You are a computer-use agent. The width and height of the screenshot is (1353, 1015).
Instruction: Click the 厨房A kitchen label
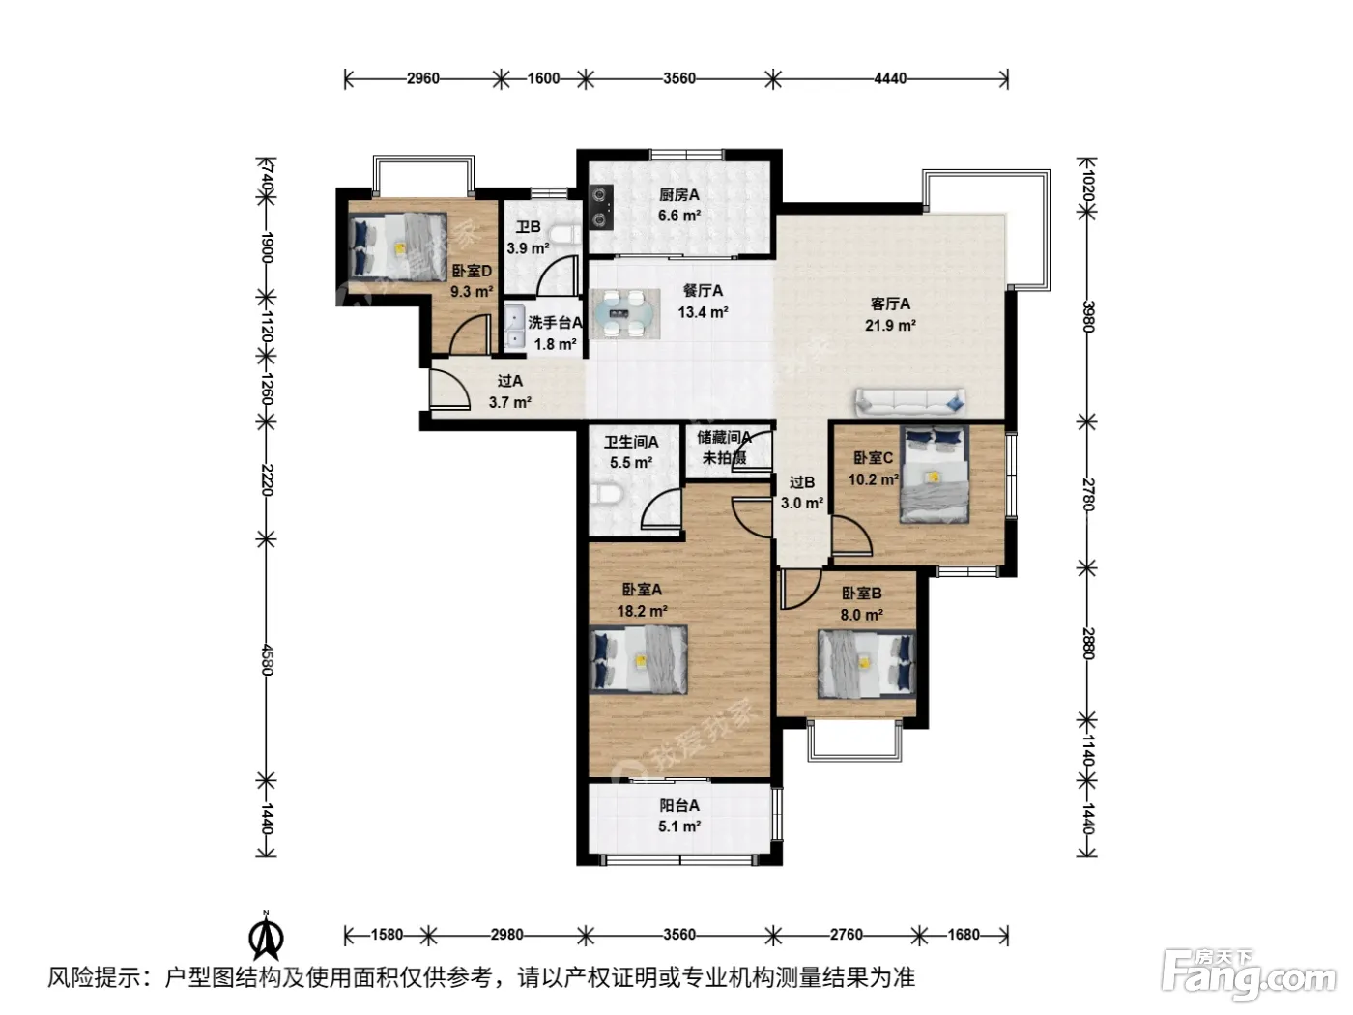(678, 194)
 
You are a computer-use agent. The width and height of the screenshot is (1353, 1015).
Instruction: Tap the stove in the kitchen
(600, 207)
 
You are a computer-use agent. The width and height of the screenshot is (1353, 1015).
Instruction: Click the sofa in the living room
(909, 402)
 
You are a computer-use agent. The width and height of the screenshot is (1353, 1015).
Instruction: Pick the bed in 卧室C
(934, 474)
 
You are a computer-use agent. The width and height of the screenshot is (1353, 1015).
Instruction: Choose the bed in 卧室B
(866, 665)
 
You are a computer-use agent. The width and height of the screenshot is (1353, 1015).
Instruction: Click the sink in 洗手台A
(515, 329)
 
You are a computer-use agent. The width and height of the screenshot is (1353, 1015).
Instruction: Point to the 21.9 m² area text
(889, 325)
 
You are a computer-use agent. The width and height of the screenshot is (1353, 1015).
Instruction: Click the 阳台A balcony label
(679, 805)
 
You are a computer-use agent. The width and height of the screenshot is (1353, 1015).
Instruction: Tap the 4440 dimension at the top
(890, 78)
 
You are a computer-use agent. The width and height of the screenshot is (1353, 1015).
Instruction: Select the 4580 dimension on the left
(267, 659)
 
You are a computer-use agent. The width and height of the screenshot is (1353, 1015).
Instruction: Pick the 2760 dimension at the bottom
(846, 934)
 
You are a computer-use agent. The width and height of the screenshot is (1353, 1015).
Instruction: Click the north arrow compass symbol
(266, 938)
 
